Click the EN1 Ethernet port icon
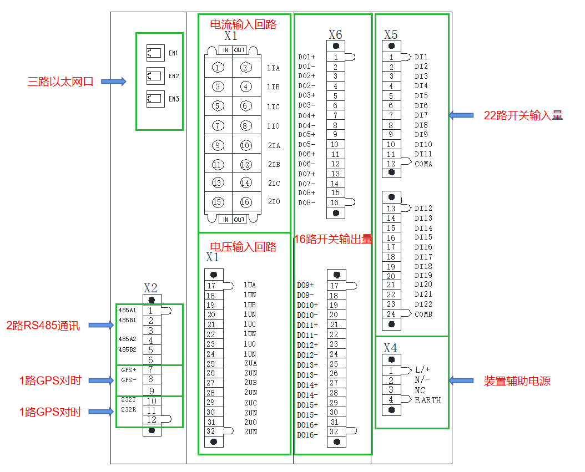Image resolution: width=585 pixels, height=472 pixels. click(x=153, y=53)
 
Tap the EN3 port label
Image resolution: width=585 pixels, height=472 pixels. click(x=174, y=99)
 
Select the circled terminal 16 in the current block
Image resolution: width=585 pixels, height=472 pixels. click(x=245, y=202)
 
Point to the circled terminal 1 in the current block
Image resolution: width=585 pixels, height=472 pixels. click(x=218, y=68)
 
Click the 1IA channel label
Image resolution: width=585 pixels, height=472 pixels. click(x=273, y=68)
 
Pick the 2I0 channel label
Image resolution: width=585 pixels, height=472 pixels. click(x=274, y=202)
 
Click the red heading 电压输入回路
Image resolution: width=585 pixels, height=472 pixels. click(x=243, y=247)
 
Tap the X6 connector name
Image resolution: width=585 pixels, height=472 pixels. click(x=335, y=34)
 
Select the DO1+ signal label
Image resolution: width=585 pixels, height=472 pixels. click(x=306, y=57)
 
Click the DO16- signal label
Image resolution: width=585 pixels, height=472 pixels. click(x=307, y=435)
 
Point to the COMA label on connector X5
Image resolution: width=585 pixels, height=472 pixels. click(x=423, y=164)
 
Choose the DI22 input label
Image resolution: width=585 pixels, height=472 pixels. click(x=423, y=304)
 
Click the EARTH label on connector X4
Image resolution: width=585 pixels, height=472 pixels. click(x=428, y=400)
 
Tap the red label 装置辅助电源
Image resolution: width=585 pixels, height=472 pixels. click(x=517, y=381)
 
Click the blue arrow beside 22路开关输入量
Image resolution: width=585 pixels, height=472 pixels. click(x=461, y=115)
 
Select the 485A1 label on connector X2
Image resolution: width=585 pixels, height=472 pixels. click(x=127, y=310)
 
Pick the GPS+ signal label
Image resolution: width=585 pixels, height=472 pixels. click(x=128, y=369)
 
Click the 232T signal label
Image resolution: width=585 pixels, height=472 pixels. click(x=128, y=399)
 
